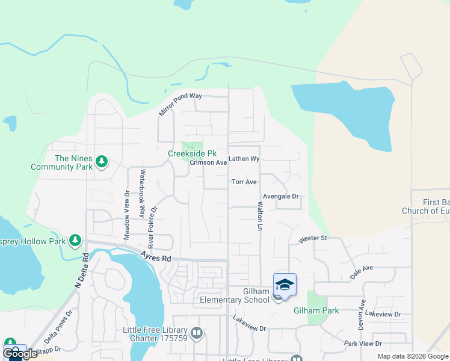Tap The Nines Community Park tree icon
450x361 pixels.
[x=102, y=161]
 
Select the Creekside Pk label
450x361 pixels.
[x=192, y=153]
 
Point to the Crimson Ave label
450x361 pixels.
[x=208, y=162]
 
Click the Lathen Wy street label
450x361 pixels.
[x=244, y=159]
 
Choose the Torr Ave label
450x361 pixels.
[x=245, y=182]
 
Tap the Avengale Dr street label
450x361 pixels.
[x=281, y=196]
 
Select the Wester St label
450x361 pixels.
[x=312, y=238]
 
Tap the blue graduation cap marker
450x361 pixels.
[x=285, y=284]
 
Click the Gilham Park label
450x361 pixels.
[x=316, y=310]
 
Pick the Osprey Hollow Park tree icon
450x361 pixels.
[x=75, y=241]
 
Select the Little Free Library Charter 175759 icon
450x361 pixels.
[x=196, y=333]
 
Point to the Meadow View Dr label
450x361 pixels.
[x=127, y=215]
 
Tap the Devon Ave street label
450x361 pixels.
[x=362, y=315]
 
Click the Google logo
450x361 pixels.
[x=20, y=354]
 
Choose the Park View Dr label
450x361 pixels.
[x=363, y=343]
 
